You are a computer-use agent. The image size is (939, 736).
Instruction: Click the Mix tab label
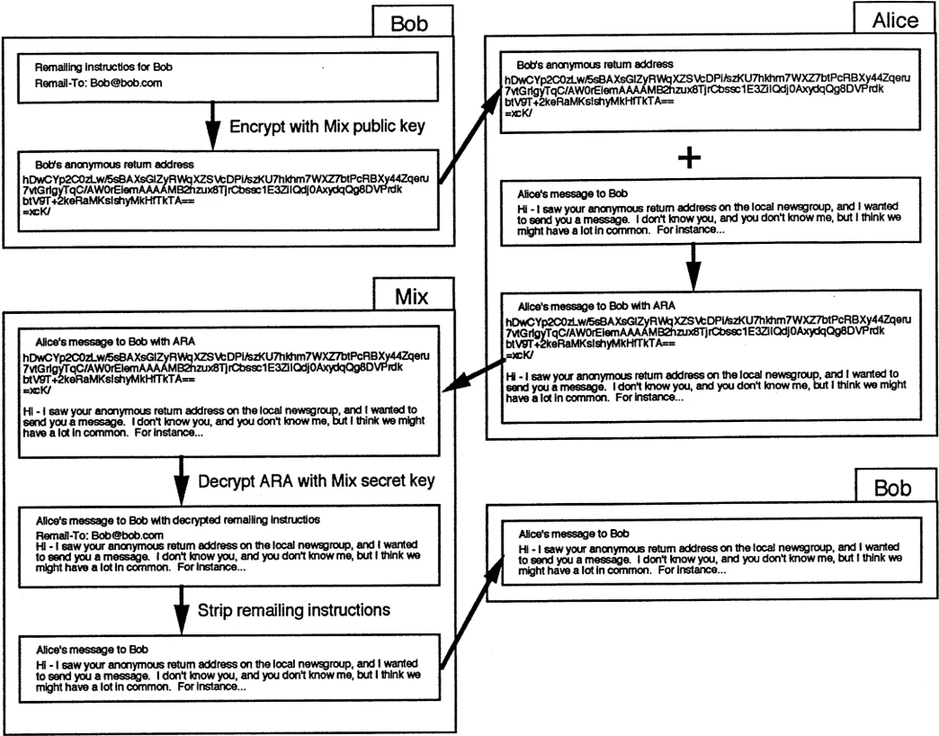(411, 294)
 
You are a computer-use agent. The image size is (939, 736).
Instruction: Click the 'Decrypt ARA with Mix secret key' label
(317, 481)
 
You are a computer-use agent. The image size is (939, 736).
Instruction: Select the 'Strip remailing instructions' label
(293, 609)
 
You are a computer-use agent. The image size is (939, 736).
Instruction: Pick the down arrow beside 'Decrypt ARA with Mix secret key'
(183, 480)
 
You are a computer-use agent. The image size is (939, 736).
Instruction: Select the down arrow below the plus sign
(690, 264)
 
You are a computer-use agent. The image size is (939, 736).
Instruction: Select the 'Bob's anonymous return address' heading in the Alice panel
(595, 66)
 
